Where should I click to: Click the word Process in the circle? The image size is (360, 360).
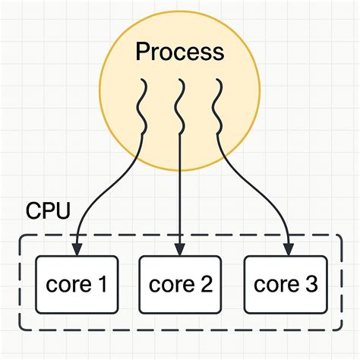click(x=180, y=52)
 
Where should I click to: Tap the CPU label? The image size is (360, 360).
click(x=47, y=210)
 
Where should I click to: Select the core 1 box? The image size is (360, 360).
click(x=76, y=285)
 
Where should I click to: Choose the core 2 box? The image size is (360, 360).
click(x=180, y=285)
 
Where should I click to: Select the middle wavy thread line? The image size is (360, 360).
click(x=180, y=106)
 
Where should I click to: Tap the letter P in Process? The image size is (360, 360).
click(x=142, y=52)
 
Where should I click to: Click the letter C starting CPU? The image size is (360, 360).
click(x=33, y=210)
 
